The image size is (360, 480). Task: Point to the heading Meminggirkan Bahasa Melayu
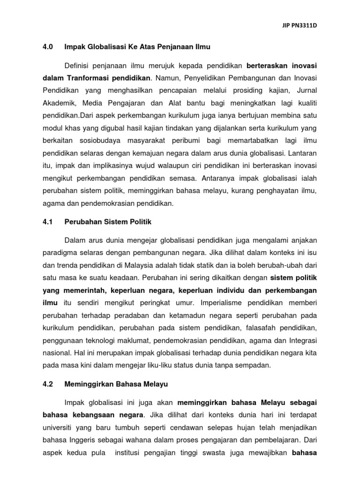[109, 384]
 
